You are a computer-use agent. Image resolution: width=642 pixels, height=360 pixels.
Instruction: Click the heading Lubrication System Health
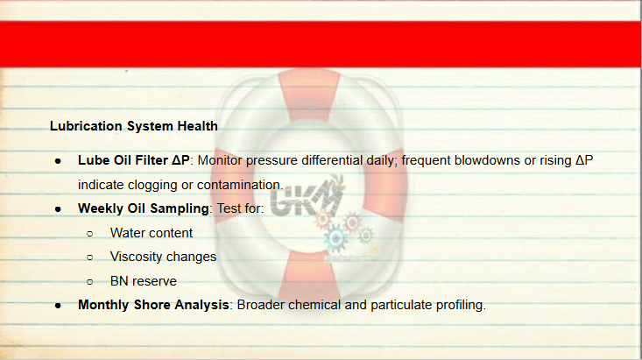pos(134,126)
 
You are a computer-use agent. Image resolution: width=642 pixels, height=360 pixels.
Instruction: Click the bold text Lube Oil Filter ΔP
pos(134,160)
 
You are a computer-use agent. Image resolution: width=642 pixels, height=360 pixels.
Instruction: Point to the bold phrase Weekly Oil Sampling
pos(144,208)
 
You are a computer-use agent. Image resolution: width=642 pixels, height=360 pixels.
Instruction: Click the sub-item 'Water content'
pos(151,233)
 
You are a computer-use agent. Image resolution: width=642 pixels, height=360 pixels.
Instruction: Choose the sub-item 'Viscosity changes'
pos(163,257)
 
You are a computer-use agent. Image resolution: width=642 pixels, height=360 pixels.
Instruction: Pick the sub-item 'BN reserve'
pos(144,281)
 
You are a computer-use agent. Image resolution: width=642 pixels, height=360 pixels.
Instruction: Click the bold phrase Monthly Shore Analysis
pos(153,305)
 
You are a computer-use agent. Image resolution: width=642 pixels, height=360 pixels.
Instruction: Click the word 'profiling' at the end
pos(460,305)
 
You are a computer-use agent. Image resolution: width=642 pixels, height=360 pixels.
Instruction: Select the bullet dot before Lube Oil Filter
pos(58,161)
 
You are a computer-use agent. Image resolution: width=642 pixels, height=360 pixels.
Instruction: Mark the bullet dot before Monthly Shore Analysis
pos(58,306)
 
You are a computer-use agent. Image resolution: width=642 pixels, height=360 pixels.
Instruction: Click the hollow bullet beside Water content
pos(90,234)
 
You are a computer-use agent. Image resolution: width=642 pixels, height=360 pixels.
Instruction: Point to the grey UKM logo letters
pos(305,200)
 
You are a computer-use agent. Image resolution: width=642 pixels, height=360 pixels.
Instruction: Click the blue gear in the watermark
pos(335,238)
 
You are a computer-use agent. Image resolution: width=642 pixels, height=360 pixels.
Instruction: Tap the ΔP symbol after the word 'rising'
pos(584,160)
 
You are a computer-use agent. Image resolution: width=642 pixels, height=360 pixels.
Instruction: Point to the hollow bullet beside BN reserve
pos(90,282)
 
